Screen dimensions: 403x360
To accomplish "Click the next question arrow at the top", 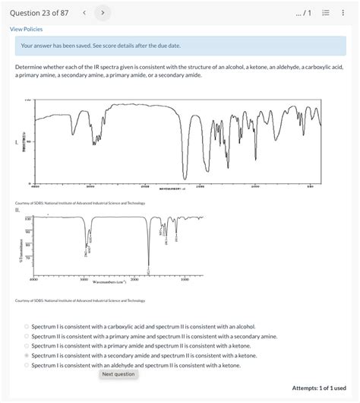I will coord(103,12).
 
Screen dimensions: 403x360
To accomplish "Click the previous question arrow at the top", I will coord(84,12).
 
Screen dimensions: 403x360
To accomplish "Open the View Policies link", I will coord(26,29).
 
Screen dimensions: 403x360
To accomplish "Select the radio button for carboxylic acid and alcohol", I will coord(27,326).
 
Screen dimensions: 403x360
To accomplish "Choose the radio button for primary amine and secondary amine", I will coord(27,336).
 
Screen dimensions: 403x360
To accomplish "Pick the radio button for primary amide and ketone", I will coord(27,345).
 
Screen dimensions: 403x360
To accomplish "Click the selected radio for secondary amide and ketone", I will coord(27,355).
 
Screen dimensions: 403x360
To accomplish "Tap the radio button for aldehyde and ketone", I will coord(27,365).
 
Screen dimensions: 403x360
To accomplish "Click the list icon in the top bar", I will coord(327,12).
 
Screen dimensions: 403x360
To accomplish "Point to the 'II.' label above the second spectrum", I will coord(17,210).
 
